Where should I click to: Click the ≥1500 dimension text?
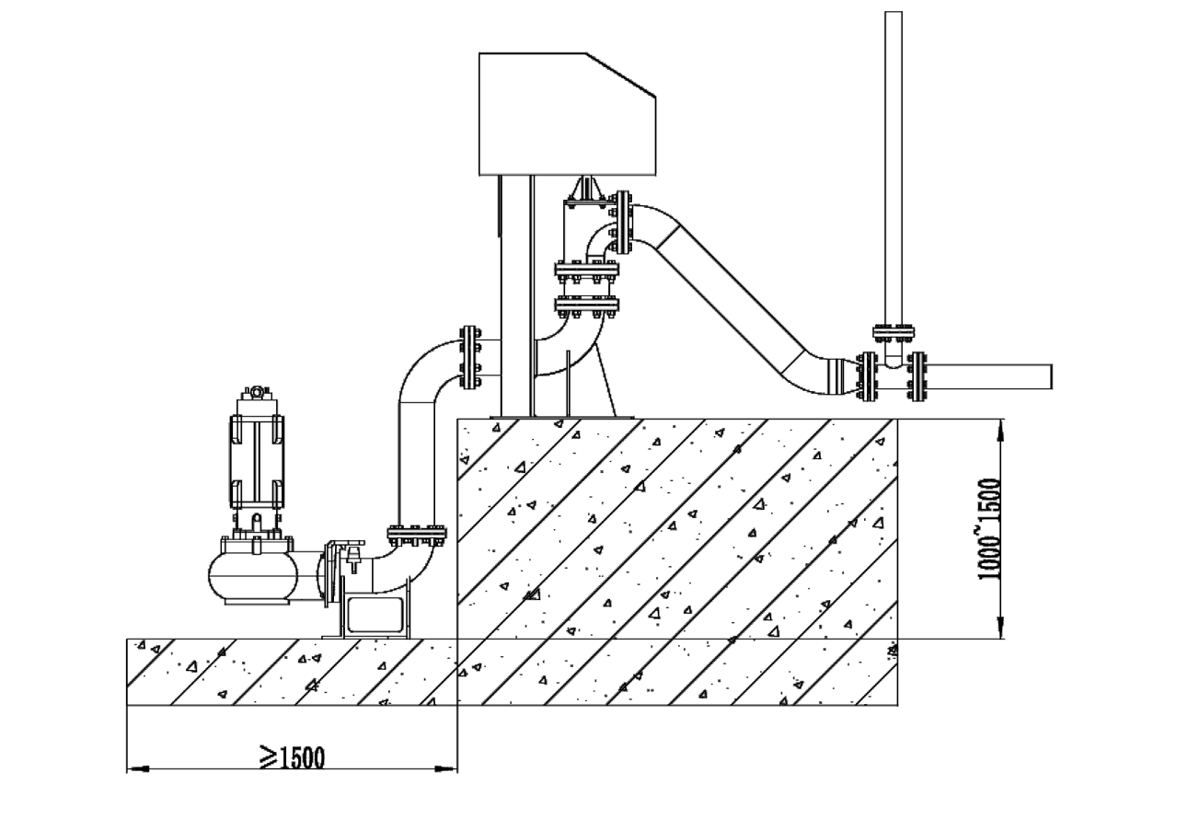(x=293, y=757)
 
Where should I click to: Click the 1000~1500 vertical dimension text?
(x=990, y=529)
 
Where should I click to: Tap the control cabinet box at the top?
(x=567, y=114)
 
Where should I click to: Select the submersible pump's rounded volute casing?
(x=253, y=576)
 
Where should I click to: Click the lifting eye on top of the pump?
(x=257, y=391)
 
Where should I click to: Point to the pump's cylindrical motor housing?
(x=257, y=461)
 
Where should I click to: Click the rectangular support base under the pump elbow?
(x=375, y=616)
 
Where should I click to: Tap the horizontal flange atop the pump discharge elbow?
(x=417, y=534)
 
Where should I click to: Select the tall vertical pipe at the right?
(x=893, y=168)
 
